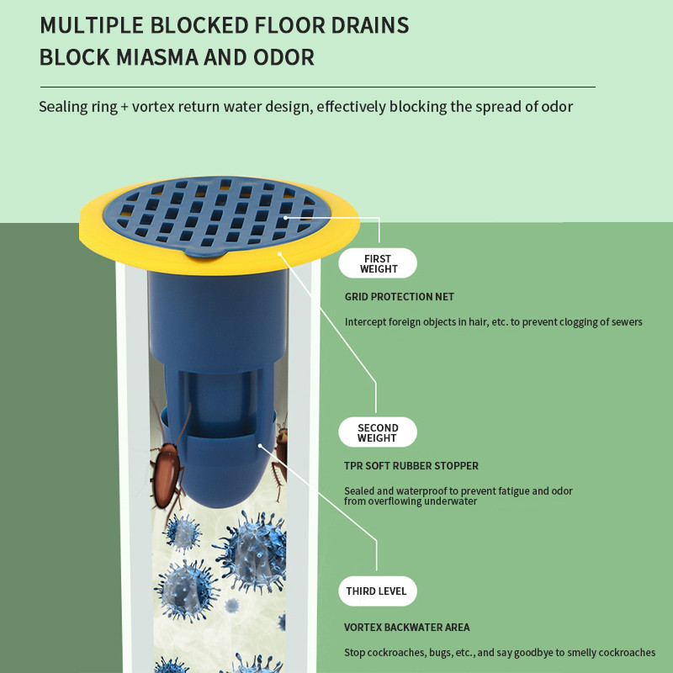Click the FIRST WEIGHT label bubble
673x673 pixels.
coord(377,263)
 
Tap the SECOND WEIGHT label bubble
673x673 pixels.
coord(377,432)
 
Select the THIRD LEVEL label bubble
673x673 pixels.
coord(377,591)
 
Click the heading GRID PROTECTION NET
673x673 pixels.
coord(399,297)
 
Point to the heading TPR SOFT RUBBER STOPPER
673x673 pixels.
coord(411,466)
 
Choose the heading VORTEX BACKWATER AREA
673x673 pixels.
coord(407,627)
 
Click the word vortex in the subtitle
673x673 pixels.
coord(153,107)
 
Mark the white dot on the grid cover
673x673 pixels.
coord(285,218)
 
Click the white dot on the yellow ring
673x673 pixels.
coord(279,254)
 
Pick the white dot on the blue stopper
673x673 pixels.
coord(260,446)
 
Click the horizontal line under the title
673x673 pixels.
coord(318,87)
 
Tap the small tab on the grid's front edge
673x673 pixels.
coord(205,253)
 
